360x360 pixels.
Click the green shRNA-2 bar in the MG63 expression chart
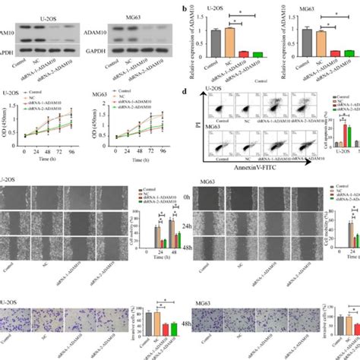(349, 54)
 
